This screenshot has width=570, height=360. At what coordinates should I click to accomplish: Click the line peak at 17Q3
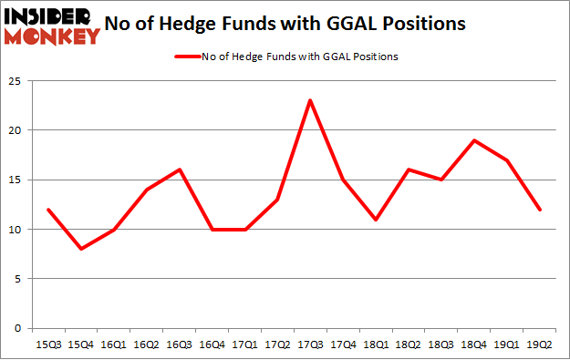tap(310, 100)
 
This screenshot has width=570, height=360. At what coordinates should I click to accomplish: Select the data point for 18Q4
tap(474, 139)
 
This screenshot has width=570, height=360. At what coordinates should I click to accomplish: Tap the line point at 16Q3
tap(179, 170)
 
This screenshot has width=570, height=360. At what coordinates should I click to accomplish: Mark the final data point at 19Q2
tap(540, 210)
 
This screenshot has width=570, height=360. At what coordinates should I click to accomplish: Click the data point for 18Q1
tap(376, 220)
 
